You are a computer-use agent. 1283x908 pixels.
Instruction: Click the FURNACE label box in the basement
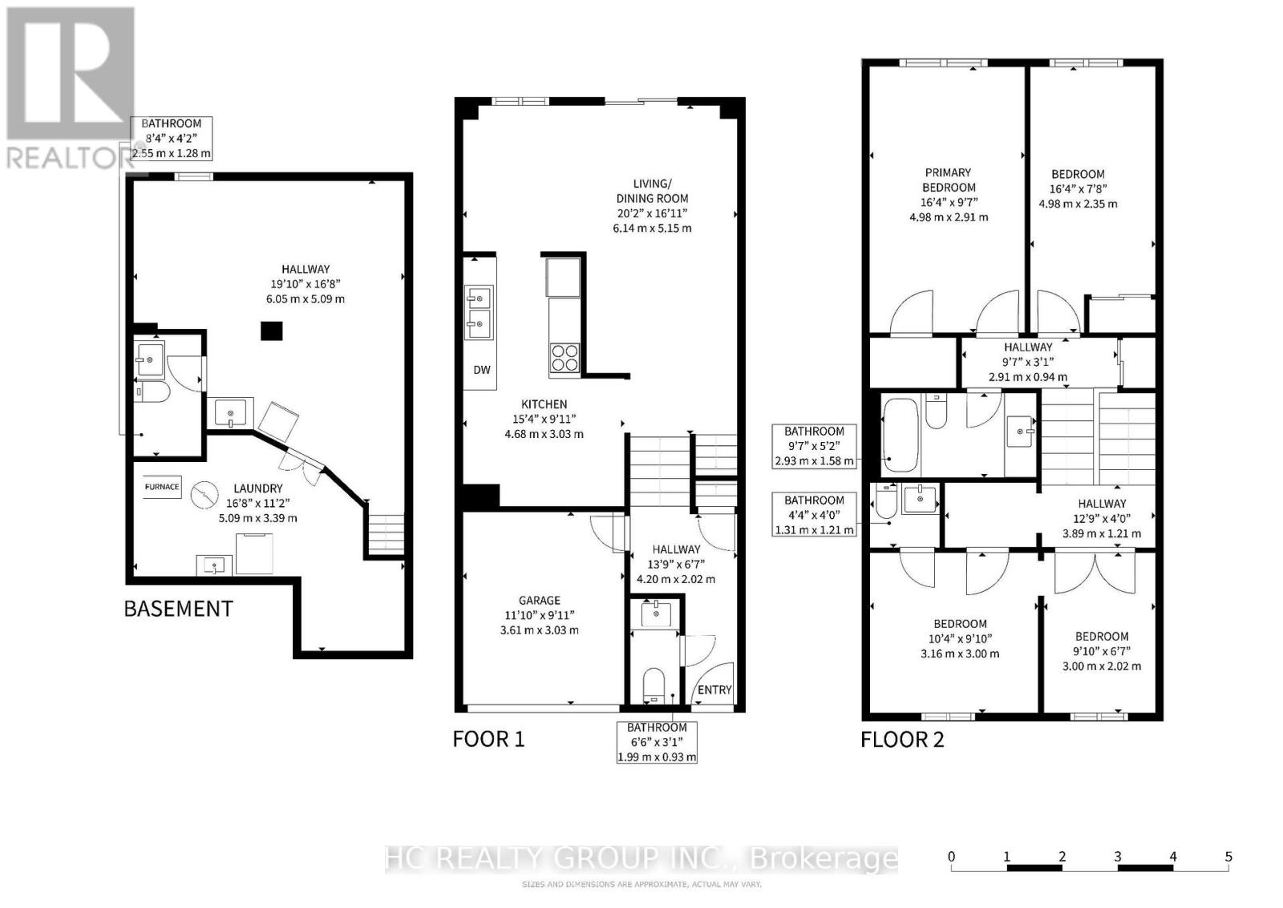(x=162, y=487)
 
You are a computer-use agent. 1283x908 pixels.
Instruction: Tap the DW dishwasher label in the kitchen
(x=482, y=370)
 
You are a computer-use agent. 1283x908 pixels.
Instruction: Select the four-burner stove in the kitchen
(x=565, y=358)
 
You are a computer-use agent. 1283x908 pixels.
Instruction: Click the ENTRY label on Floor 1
(x=714, y=690)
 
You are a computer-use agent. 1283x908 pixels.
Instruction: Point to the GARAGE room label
(x=539, y=600)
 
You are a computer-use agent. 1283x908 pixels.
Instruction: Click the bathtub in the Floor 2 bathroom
(x=901, y=436)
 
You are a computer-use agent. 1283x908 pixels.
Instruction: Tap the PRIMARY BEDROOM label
(x=949, y=180)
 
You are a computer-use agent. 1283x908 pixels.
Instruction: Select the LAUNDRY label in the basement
(x=257, y=488)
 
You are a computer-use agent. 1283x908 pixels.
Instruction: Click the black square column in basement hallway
(x=272, y=331)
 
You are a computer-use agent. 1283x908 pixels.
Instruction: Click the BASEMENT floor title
(x=179, y=608)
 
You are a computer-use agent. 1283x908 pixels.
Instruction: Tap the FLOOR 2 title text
(x=902, y=740)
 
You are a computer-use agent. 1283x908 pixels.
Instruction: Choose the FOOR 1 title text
(x=488, y=739)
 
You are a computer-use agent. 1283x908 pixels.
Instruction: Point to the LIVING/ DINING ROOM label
(x=653, y=191)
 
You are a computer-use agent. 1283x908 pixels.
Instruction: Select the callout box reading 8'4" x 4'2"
(x=172, y=139)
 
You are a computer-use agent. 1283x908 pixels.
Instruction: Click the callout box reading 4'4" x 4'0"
(x=814, y=515)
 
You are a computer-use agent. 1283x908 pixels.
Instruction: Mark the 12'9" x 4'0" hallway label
(x=1102, y=518)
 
